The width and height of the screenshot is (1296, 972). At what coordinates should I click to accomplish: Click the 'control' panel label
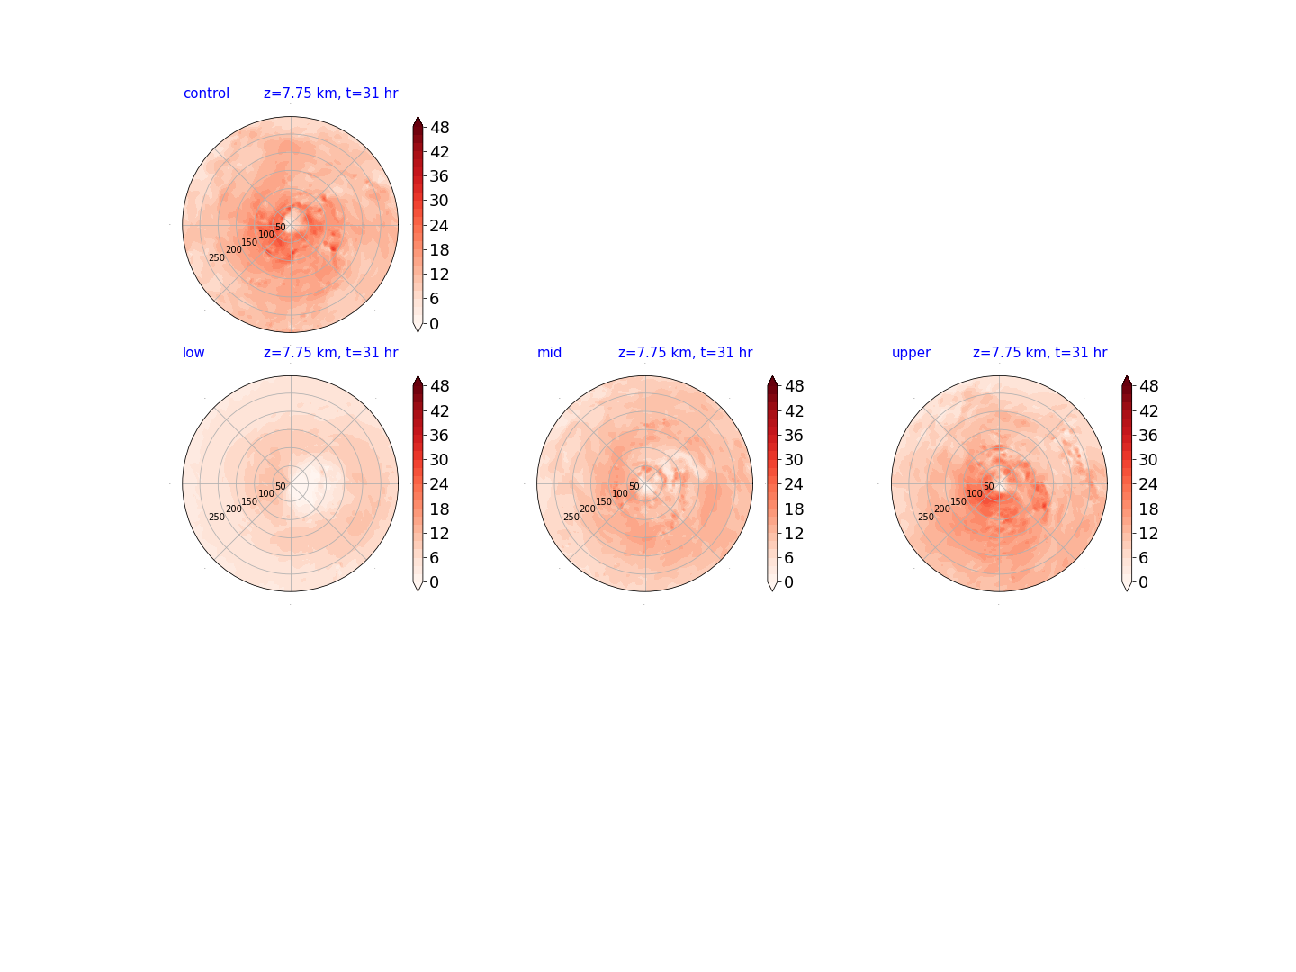click(206, 94)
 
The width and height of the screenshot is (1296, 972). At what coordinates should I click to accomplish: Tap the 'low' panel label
click(193, 352)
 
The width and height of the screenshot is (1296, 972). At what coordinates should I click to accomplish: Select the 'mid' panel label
click(549, 352)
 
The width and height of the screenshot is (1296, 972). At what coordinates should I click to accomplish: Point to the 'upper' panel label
click(911, 353)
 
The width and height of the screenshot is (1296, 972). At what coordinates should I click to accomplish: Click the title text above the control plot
click(330, 94)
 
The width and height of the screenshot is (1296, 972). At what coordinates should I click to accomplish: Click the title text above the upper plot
click(1039, 352)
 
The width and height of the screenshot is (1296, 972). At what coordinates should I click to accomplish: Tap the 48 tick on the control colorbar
click(439, 128)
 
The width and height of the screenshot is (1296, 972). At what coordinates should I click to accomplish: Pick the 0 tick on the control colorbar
click(434, 323)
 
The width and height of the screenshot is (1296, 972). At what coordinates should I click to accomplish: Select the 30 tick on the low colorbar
click(439, 460)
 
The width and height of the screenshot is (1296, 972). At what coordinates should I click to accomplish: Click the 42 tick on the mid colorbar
click(794, 410)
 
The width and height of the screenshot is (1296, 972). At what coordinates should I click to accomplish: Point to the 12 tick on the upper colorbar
click(1147, 534)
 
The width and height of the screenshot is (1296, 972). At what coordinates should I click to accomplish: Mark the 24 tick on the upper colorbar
click(1147, 484)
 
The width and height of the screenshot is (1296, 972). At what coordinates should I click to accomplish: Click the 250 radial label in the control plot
click(217, 258)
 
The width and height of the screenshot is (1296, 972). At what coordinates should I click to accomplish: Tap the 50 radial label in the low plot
click(281, 486)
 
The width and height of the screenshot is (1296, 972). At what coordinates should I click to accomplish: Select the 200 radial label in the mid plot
click(588, 508)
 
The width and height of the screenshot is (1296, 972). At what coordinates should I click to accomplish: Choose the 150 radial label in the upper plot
click(958, 501)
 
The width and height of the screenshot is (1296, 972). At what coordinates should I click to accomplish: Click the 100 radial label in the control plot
click(266, 234)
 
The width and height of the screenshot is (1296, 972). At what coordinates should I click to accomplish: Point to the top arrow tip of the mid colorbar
click(772, 375)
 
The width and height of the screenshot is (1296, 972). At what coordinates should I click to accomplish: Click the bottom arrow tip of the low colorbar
click(418, 590)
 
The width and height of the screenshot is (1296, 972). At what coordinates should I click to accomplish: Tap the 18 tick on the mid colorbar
click(794, 508)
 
